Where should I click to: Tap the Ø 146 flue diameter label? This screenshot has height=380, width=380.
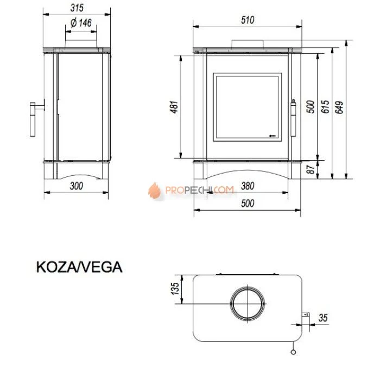[81, 23]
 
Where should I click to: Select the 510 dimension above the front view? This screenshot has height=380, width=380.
[248, 20]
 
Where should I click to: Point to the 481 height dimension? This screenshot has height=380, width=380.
[174, 108]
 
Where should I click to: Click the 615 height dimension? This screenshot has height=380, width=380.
[325, 106]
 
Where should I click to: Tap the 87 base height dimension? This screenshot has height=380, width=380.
[311, 169]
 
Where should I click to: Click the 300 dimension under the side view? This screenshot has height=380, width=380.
[77, 186]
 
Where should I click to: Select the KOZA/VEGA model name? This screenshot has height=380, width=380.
[79, 267]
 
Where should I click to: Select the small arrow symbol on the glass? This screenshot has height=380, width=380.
[273, 135]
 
